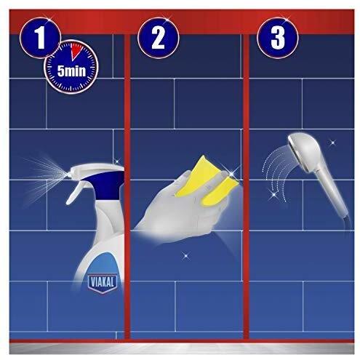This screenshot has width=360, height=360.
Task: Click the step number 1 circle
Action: pos(40,38)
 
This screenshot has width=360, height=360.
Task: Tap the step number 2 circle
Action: pos(159,38)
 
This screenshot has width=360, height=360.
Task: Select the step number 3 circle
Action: pos(278,38)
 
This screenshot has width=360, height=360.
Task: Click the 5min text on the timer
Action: pos(71,71)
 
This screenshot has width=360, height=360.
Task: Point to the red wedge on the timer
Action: pos(76,50)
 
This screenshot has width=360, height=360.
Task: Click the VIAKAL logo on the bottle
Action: pos(103,283)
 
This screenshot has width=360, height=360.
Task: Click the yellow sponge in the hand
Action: pos(206,180)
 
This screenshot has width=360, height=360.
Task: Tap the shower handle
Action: pos(333,191)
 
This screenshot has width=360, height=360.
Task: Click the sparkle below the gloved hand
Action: pos(186,255)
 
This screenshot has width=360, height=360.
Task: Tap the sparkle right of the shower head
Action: pos(332,143)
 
